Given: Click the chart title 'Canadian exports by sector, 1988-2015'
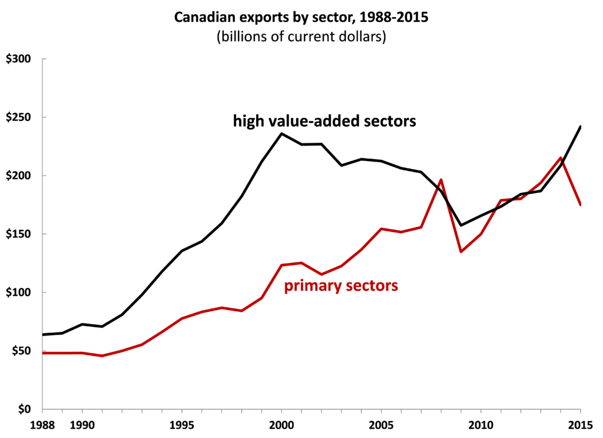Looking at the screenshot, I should (301, 18).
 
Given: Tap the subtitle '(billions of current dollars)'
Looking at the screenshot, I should (301, 37).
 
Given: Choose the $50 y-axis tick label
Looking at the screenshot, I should (21, 351).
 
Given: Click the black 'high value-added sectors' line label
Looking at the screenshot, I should (324, 122).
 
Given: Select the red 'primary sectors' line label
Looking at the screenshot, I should (342, 286).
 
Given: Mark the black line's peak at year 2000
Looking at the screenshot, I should (281, 133).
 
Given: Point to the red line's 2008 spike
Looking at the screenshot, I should (441, 179).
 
